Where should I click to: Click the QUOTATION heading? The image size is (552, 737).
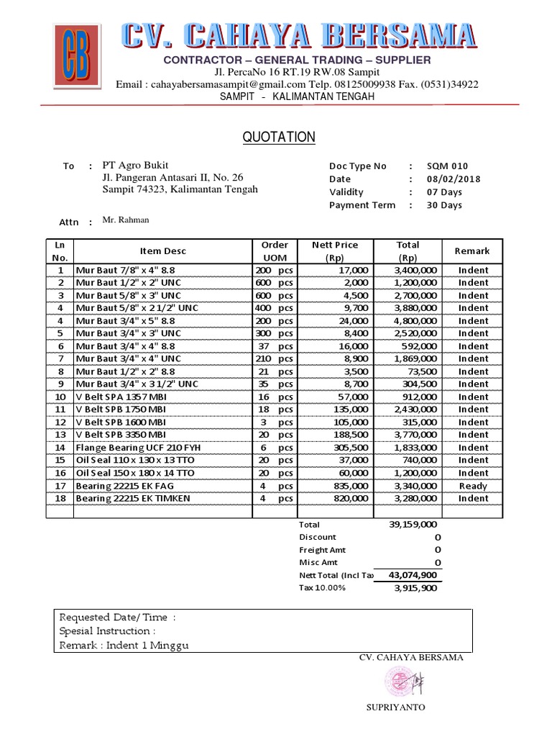tap(279, 137)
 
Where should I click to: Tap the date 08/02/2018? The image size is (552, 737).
tap(453, 179)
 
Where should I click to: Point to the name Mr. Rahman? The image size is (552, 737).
tap(126, 220)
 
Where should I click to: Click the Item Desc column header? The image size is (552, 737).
tap(162, 251)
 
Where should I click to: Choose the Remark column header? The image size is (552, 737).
tap(472, 251)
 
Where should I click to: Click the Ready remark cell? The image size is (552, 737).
tap(473, 486)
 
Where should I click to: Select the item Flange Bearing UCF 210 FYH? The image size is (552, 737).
tap(138, 448)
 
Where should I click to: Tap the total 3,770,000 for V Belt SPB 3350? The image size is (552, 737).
tap(417, 435)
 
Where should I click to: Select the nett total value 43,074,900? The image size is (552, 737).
tap(413, 576)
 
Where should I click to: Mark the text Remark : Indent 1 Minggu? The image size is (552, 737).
tap(124, 645)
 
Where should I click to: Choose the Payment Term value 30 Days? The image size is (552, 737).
tap(446, 205)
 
